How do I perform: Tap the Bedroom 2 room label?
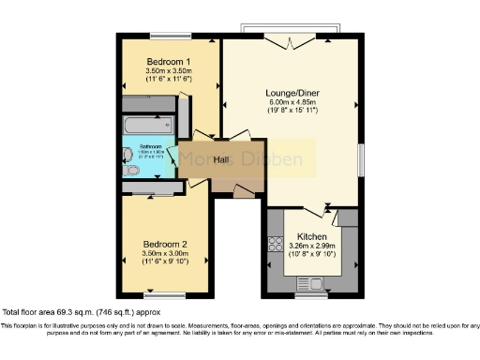[x=164, y=243]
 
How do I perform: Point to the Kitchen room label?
[x=311, y=237]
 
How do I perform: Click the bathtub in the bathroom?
[x=146, y=126]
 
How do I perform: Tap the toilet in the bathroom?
[x=128, y=171]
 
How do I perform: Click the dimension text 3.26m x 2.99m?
[x=311, y=247]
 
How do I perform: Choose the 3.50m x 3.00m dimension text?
[x=164, y=253]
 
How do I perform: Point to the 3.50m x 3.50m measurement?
[x=169, y=71]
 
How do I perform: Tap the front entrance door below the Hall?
[x=244, y=191]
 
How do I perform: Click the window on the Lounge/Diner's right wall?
[x=360, y=159]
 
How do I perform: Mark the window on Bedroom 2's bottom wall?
[x=164, y=293]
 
